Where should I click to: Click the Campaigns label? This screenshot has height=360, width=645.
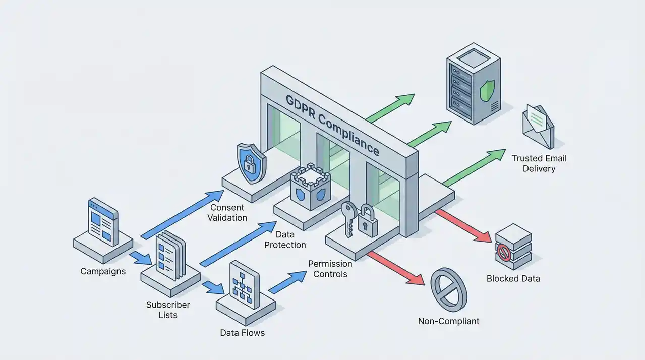[x=103, y=271]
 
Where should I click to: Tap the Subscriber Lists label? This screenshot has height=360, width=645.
[x=168, y=310]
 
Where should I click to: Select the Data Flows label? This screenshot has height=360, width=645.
[x=242, y=333]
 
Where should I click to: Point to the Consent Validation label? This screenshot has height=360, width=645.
[x=227, y=213]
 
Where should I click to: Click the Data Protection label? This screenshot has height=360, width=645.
[x=284, y=240]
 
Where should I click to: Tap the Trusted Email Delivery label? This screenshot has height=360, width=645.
[x=539, y=163]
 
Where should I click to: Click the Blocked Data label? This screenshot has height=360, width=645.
[x=513, y=278]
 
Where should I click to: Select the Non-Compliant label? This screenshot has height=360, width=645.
[x=448, y=321]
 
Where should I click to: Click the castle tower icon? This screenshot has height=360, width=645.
[x=310, y=188]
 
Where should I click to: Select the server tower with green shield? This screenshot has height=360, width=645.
[x=473, y=85]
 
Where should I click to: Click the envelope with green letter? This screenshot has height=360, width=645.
[x=538, y=124]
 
